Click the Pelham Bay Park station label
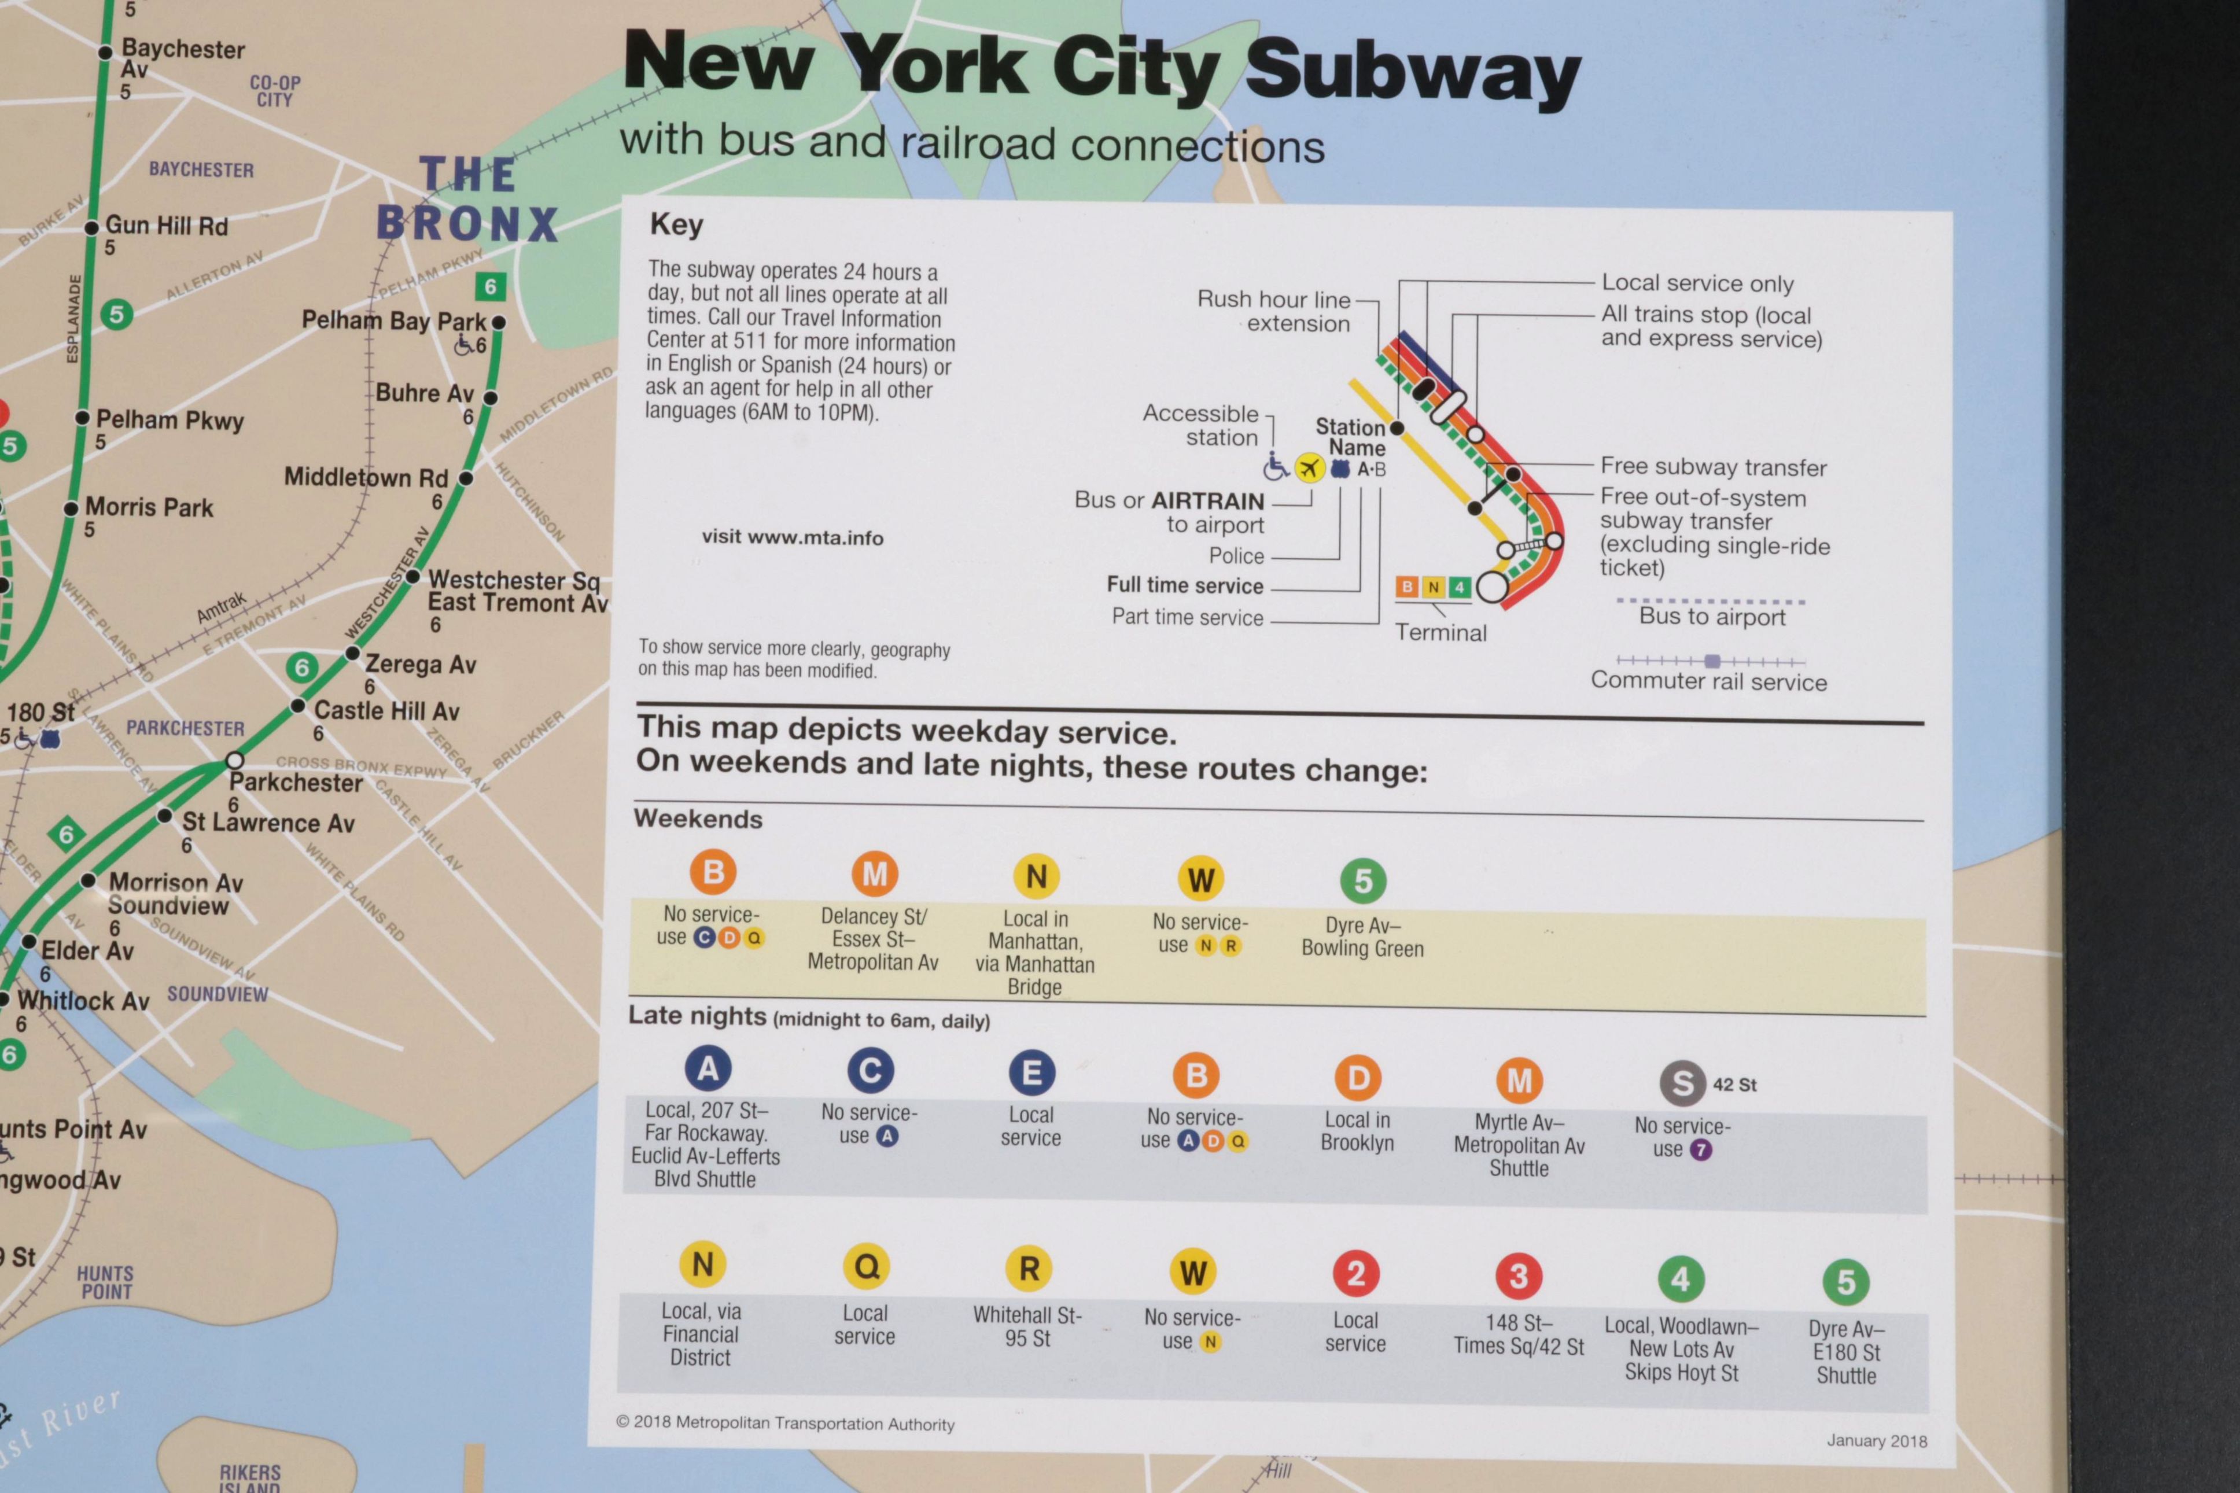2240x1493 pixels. point(393,321)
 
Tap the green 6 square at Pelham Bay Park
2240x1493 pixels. point(490,286)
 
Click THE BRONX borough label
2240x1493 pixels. point(466,201)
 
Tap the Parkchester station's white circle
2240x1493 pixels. point(234,761)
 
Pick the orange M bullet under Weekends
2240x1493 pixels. point(874,873)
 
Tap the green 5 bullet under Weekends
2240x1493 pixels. point(1362,881)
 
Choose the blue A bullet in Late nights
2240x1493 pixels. point(708,1068)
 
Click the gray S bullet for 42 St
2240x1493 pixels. point(1682,1083)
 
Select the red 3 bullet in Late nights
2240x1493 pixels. point(1519,1276)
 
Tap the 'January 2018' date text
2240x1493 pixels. point(1876,1440)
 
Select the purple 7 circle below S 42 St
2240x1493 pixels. point(1700,1150)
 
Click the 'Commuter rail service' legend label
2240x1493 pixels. point(1709,682)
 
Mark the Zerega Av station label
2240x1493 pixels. point(420,665)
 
